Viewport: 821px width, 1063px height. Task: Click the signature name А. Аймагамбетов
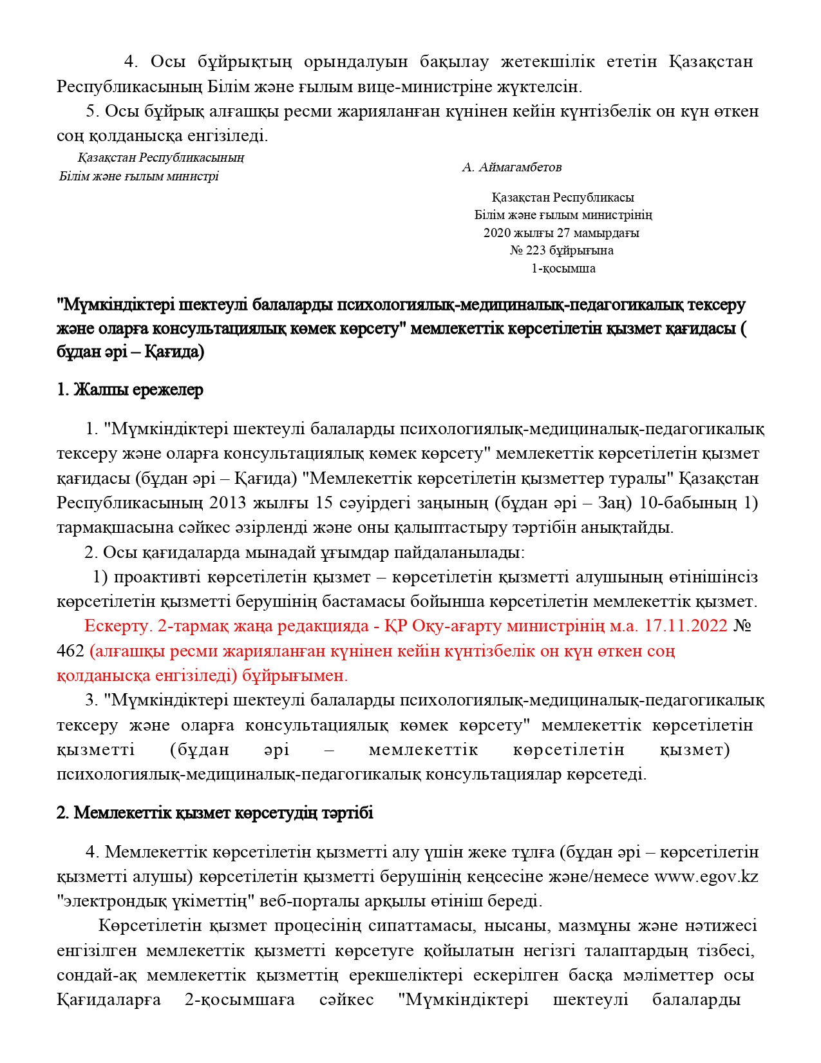[511, 168]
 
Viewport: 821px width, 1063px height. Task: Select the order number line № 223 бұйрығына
[561, 251]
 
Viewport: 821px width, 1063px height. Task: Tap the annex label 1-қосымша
[563, 269]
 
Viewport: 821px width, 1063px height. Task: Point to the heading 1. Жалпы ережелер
[130, 390]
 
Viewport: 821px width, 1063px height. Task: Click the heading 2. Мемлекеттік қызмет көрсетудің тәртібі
[215, 813]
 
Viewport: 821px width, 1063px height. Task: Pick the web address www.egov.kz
[706, 877]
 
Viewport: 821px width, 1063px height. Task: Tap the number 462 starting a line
[70, 651]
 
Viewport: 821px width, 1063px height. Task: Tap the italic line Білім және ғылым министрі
[139, 177]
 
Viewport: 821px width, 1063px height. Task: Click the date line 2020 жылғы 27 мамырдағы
[561, 233]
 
